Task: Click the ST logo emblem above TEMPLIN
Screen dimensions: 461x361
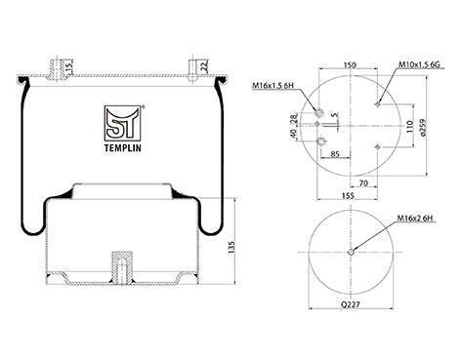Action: (122, 123)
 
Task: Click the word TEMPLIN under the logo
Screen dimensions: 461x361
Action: (123, 148)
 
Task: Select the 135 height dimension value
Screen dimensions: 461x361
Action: (231, 248)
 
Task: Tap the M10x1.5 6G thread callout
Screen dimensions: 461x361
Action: (419, 64)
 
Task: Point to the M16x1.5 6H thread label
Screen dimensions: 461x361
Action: (273, 86)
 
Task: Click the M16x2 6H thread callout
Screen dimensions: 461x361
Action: (415, 219)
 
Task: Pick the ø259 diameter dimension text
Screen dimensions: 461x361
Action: (423, 127)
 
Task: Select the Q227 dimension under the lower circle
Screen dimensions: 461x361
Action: (351, 304)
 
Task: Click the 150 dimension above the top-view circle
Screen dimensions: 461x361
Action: (350, 64)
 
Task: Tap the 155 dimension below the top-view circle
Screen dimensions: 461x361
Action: (348, 195)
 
